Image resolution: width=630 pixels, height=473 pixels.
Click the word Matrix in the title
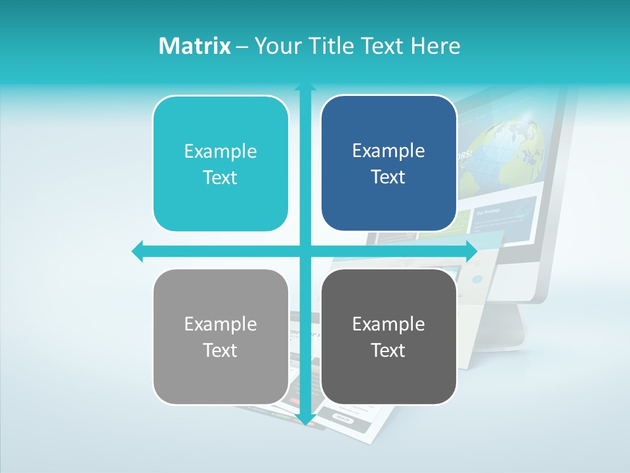(x=194, y=46)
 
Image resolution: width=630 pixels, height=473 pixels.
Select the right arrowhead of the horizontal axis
(x=471, y=251)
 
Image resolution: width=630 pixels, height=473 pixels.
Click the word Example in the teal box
(x=220, y=152)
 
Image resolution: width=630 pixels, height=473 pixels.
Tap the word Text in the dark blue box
(x=388, y=177)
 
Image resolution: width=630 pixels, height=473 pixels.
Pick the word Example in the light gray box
(x=220, y=325)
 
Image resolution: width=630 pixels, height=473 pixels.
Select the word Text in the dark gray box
(x=388, y=351)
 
